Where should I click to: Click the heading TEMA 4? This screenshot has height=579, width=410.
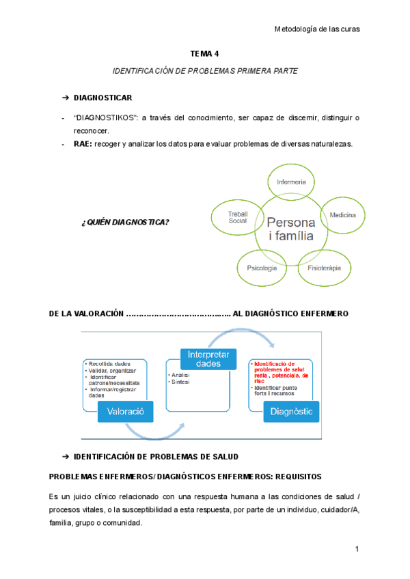(x=204, y=53)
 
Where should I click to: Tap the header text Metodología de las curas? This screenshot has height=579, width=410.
(x=316, y=29)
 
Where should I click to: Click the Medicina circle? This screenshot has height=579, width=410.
(x=342, y=215)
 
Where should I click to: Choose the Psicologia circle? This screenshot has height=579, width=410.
(x=262, y=268)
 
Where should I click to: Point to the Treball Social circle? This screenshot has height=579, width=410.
(x=237, y=217)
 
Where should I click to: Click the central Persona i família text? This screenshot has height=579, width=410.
(x=290, y=230)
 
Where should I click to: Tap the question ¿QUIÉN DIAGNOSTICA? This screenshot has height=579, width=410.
(x=126, y=221)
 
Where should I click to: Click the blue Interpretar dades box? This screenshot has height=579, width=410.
(x=208, y=359)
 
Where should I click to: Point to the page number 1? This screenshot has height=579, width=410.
(x=357, y=550)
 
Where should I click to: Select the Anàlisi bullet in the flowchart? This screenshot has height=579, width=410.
(x=182, y=375)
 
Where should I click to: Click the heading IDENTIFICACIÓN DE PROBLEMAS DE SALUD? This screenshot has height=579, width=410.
(x=156, y=455)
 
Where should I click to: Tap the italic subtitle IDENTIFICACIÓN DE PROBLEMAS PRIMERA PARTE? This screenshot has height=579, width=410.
(x=204, y=71)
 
